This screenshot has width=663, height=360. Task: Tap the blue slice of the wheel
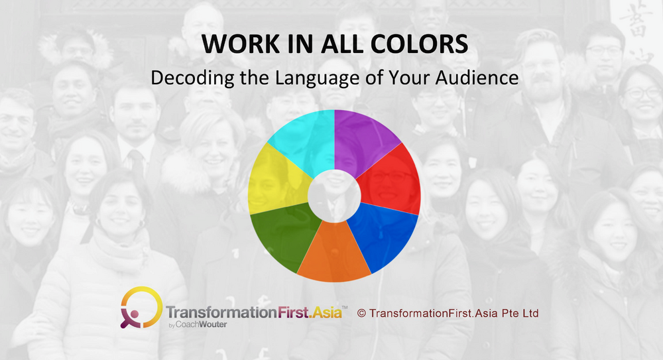382,235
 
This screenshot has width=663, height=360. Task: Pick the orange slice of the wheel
334,254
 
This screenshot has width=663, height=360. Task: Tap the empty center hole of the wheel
334,196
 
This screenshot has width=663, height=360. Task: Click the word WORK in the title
240,44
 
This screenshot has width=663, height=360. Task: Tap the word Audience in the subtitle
477,78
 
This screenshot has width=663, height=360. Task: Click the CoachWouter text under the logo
201,324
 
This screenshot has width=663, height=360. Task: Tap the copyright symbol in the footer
361,314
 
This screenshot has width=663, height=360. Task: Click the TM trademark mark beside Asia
345,307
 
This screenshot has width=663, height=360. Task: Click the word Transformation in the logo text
221,313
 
